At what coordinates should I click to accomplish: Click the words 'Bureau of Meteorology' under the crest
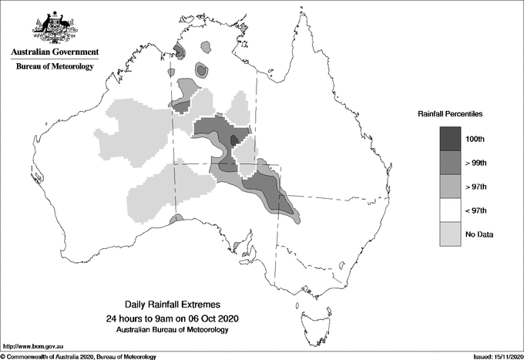point(55,66)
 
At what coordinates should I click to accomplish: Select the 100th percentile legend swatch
point(450,139)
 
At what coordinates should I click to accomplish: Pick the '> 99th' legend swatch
point(450,163)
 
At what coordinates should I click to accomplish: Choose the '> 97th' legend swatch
point(450,187)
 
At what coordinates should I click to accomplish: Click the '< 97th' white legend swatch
point(450,210)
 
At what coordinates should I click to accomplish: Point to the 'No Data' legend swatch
point(450,234)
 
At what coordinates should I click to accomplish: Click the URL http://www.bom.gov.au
point(35,346)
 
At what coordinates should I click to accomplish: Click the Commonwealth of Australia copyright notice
point(79,356)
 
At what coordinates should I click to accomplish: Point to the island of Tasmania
point(314,315)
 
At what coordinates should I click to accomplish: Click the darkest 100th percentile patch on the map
point(235,140)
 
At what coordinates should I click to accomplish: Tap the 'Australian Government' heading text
point(55,52)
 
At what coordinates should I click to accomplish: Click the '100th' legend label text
point(474,139)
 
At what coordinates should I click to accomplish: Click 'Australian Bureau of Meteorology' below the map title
point(172,330)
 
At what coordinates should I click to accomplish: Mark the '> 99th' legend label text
point(475,163)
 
